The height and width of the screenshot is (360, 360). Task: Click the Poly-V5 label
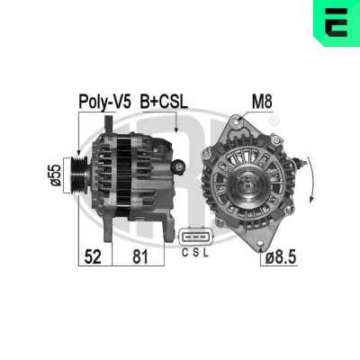pyautogui.click(x=104, y=102)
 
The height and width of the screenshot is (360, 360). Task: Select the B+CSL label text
pyautogui.click(x=164, y=102)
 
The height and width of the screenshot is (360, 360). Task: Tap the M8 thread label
pyautogui.click(x=262, y=102)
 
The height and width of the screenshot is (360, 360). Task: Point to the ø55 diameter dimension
pyautogui.click(x=56, y=175)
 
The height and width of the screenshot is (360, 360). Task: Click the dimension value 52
pyautogui.click(x=93, y=256)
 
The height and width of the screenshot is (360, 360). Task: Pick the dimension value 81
pyautogui.click(x=140, y=256)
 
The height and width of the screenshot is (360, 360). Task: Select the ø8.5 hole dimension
pyautogui.click(x=281, y=257)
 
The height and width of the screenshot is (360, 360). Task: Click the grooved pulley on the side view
pyautogui.click(x=78, y=175)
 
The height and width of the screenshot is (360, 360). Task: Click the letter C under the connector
pyautogui.click(x=185, y=253)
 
